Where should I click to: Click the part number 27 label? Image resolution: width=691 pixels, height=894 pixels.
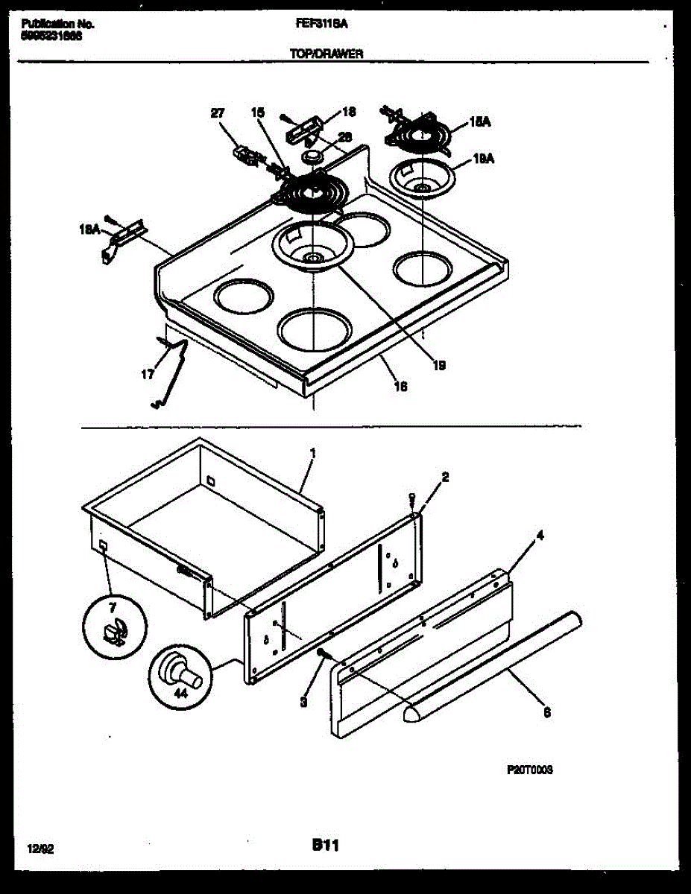(217, 113)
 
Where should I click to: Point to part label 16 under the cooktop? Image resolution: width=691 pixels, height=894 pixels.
(400, 386)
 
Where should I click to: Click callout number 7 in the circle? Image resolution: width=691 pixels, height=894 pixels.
(113, 607)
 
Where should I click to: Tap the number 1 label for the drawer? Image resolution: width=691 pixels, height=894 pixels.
(313, 452)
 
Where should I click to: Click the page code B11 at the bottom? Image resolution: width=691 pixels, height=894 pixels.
(326, 845)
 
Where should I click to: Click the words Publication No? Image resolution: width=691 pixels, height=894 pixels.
(58, 24)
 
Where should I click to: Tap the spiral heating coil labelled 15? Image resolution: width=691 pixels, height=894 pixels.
(311, 194)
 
